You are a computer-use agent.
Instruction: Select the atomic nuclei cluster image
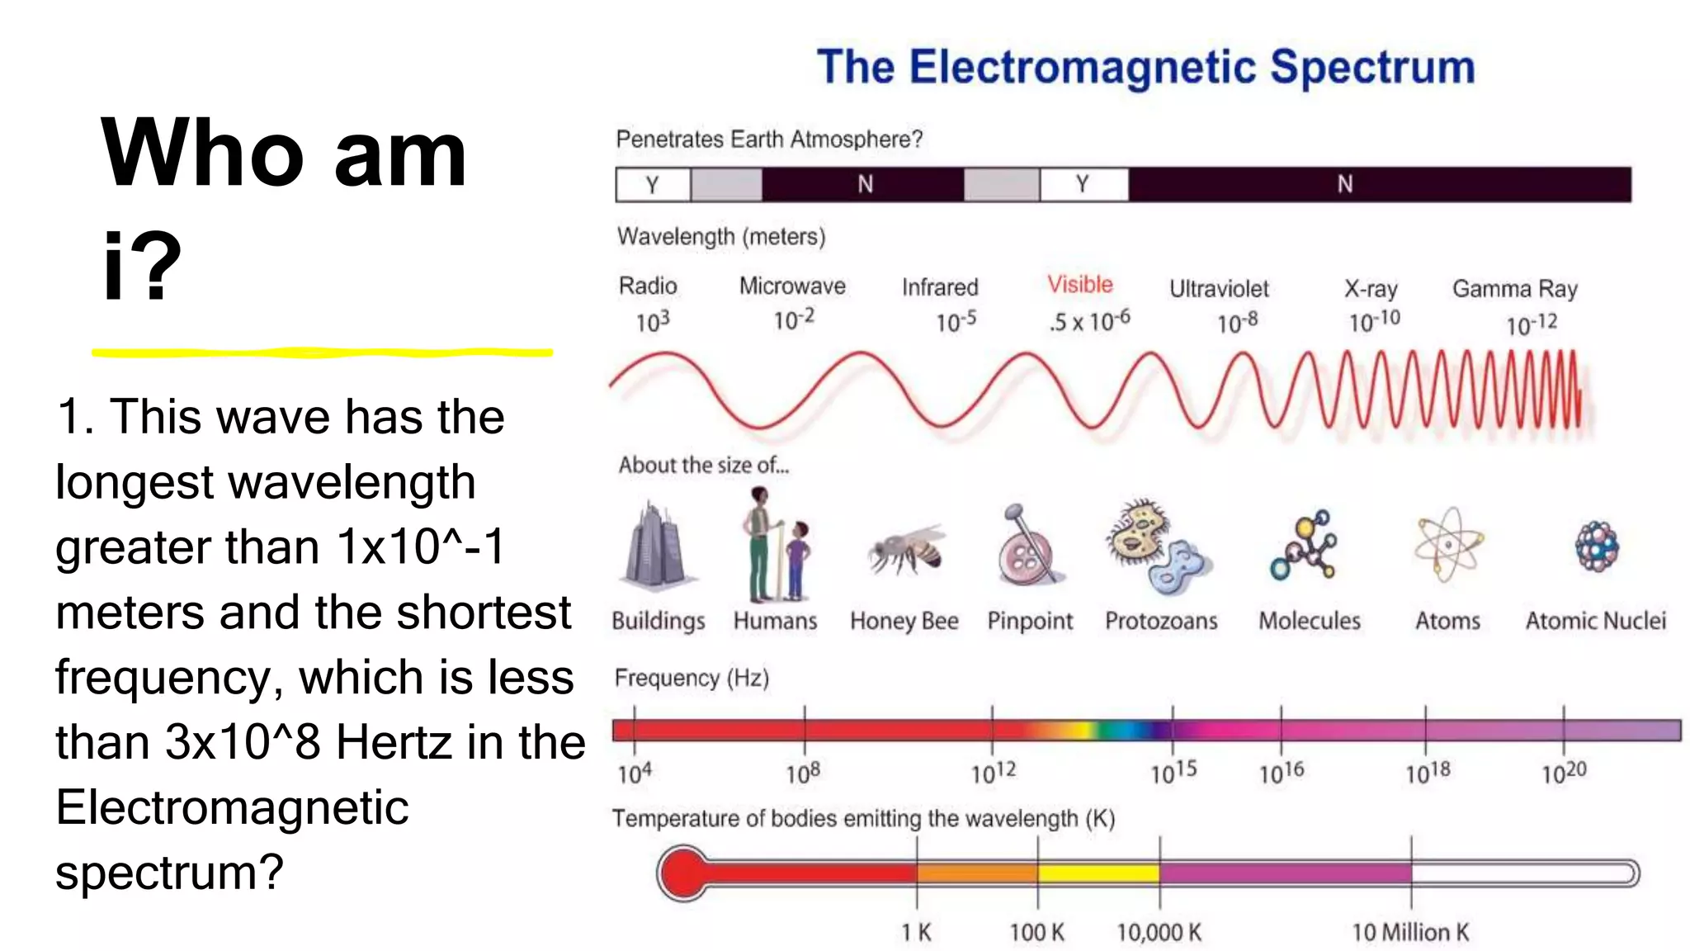click(x=1597, y=546)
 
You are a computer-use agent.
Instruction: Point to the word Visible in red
click(x=1079, y=285)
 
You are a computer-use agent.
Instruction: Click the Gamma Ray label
click(x=1515, y=289)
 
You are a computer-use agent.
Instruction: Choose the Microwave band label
click(x=792, y=286)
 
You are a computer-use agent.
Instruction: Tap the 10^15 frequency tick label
click(x=1173, y=773)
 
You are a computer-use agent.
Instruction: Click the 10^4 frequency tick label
click(x=635, y=774)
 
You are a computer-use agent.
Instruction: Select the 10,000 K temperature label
click(x=1159, y=933)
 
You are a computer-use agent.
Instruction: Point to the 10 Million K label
click(x=1410, y=933)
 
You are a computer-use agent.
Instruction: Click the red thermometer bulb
click(x=683, y=873)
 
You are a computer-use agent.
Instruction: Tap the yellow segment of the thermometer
click(x=1098, y=873)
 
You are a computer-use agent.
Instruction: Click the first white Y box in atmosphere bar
click(x=653, y=184)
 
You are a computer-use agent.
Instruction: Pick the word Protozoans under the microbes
click(x=1161, y=621)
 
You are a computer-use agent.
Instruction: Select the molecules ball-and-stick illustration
click(x=1305, y=546)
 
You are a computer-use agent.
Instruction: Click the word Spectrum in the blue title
click(x=1372, y=68)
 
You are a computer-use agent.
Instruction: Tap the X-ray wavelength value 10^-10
click(x=1374, y=320)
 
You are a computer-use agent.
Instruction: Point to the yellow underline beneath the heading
click(x=322, y=352)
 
